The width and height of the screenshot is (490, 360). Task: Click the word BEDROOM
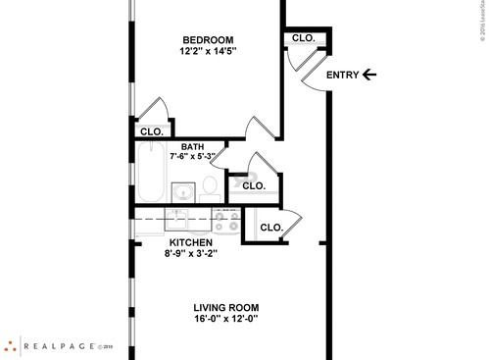click(x=208, y=39)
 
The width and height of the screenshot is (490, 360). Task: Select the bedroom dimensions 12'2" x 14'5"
click(x=208, y=51)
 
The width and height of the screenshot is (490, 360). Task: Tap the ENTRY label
click(x=342, y=75)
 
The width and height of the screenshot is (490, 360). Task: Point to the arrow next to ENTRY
click(x=368, y=75)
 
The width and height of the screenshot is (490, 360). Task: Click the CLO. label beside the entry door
click(x=304, y=38)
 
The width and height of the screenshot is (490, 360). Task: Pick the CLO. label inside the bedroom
click(x=151, y=131)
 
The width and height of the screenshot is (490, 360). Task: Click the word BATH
click(x=192, y=147)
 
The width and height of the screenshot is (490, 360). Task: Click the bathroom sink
click(x=183, y=190)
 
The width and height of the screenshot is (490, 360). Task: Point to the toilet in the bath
click(x=210, y=184)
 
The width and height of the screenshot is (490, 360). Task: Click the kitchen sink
click(x=181, y=221)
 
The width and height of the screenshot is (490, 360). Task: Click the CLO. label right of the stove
click(x=270, y=228)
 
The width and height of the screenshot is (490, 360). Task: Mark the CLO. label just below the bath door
click(x=254, y=185)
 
